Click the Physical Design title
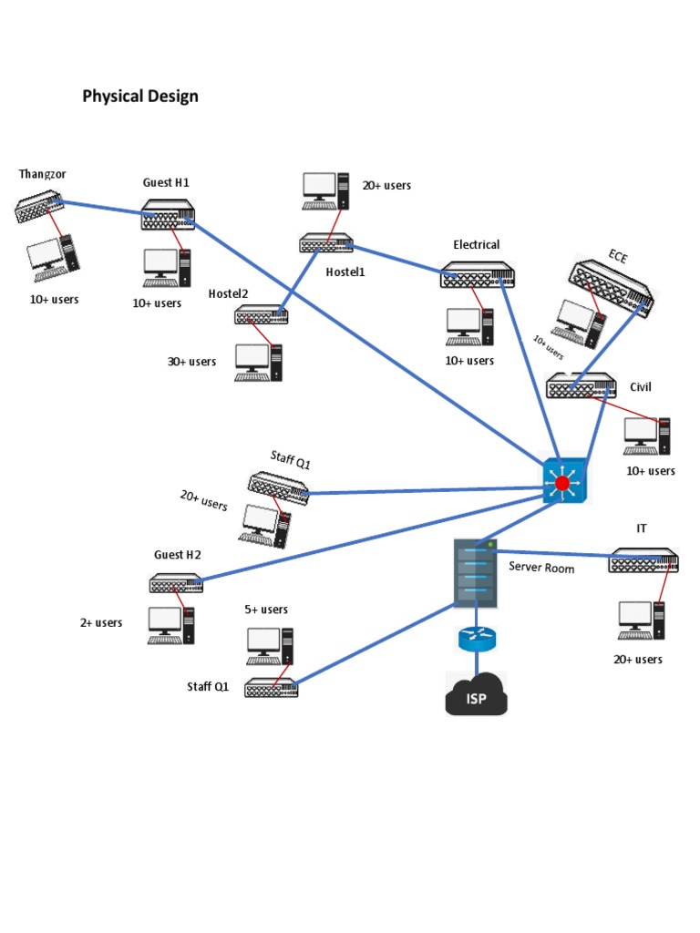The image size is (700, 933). click(140, 96)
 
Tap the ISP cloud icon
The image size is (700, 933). click(475, 695)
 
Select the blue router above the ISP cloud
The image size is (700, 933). click(476, 639)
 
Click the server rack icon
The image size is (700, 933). click(476, 573)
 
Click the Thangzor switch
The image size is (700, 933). click(39, 207)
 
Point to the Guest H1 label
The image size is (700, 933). click(166, 182)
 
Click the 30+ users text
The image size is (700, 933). click(191, 362)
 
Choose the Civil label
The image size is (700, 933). click(641, 387)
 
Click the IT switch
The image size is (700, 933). click(644, 560)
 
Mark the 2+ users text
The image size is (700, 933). click(100, 623)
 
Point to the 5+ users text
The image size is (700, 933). click(266, 610)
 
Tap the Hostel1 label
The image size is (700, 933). click(345, 271)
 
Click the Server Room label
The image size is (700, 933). click(541, 568)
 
